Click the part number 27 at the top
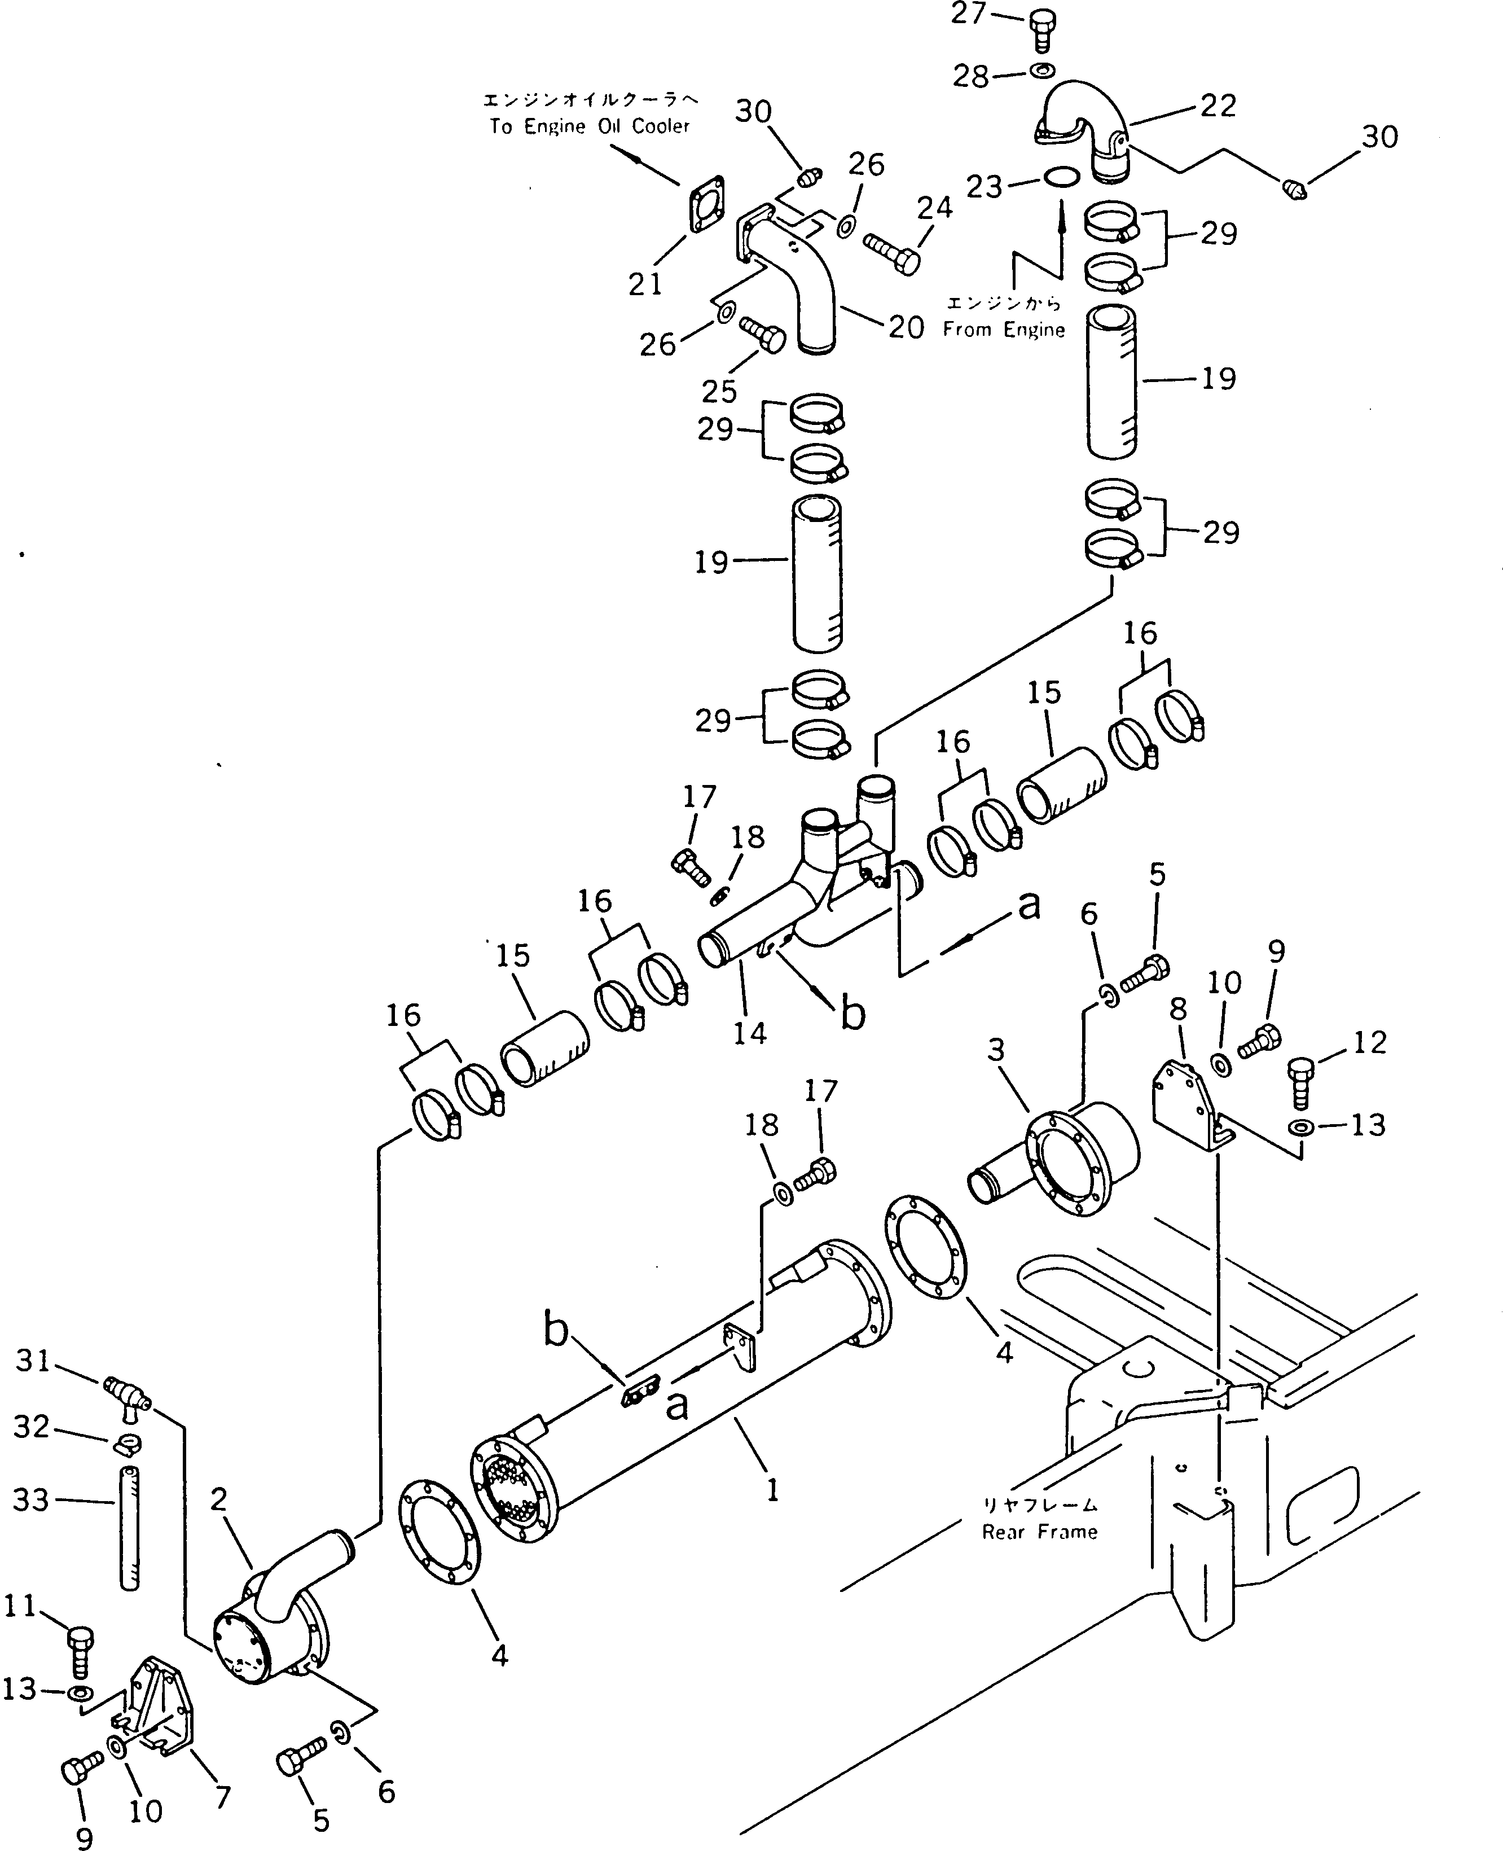coord(968,14)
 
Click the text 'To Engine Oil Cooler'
coord(590,126)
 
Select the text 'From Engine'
coord(1004,330)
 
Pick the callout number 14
coord(750,1033)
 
